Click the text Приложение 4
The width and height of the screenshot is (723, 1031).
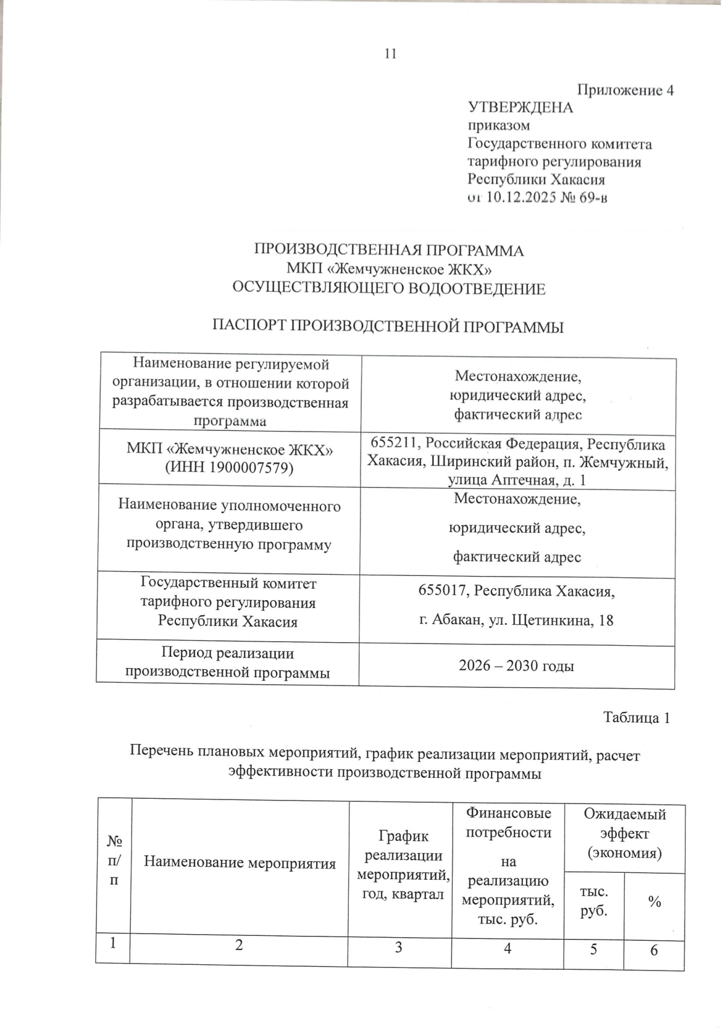[625, 90]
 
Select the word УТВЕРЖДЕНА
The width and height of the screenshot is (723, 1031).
[521, 108]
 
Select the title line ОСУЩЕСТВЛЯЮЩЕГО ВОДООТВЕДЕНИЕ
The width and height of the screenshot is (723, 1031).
[389, 289]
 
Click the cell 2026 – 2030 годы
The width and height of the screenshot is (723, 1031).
[516, 666]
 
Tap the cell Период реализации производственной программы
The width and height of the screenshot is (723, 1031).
[227, 663]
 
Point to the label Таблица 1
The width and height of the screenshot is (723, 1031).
[637, 718]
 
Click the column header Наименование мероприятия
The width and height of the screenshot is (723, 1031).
[240, 864]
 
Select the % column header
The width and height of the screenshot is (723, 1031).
[654, 902]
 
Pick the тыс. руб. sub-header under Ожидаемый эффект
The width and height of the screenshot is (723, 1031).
[593, 901]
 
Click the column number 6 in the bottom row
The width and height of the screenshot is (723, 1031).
[654, 950]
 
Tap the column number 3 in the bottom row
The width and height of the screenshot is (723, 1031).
[398, 948]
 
